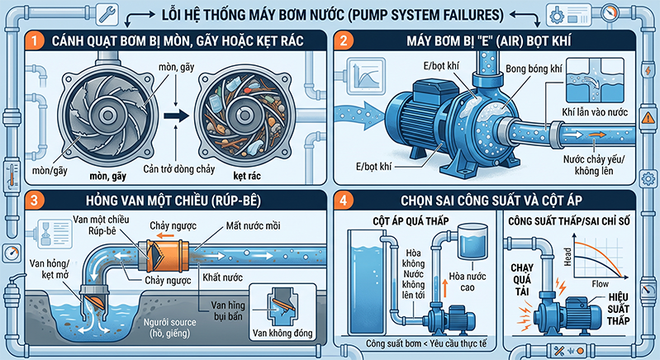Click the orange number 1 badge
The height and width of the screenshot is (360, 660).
point(34,40)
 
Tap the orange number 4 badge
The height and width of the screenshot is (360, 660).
point(343,201)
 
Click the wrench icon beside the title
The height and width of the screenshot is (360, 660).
point(107,14)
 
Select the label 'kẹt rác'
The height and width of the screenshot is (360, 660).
point(247,176)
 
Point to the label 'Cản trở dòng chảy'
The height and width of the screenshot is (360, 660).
point(179,169)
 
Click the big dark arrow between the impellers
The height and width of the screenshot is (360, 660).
point(177,116)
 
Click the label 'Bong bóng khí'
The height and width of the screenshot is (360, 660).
point(534,69)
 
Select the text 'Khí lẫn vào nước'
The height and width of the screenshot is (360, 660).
point(595,112)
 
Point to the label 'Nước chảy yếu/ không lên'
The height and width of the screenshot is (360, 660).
point(594,165)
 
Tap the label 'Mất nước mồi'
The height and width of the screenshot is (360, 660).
point(253,226)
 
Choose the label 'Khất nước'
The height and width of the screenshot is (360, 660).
point(223,277)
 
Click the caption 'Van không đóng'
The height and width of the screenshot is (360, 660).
point(283,334)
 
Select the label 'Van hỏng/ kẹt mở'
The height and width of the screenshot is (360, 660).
point(50,269)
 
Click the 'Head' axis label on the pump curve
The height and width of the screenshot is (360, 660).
point(567,257)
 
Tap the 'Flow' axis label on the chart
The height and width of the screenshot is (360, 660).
point(601,284)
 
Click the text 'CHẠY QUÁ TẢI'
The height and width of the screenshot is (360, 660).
point(522,280)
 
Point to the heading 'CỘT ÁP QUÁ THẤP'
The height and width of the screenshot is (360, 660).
point(411,221)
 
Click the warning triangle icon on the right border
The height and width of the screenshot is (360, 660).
point(648,118)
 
